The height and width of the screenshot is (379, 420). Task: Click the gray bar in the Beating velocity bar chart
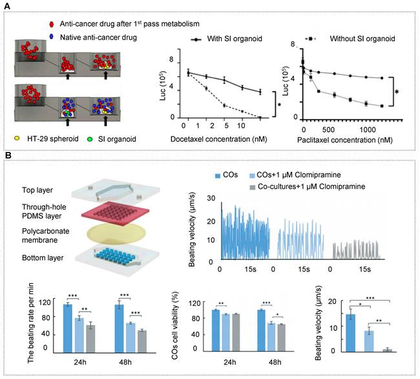tap(386, 349)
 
